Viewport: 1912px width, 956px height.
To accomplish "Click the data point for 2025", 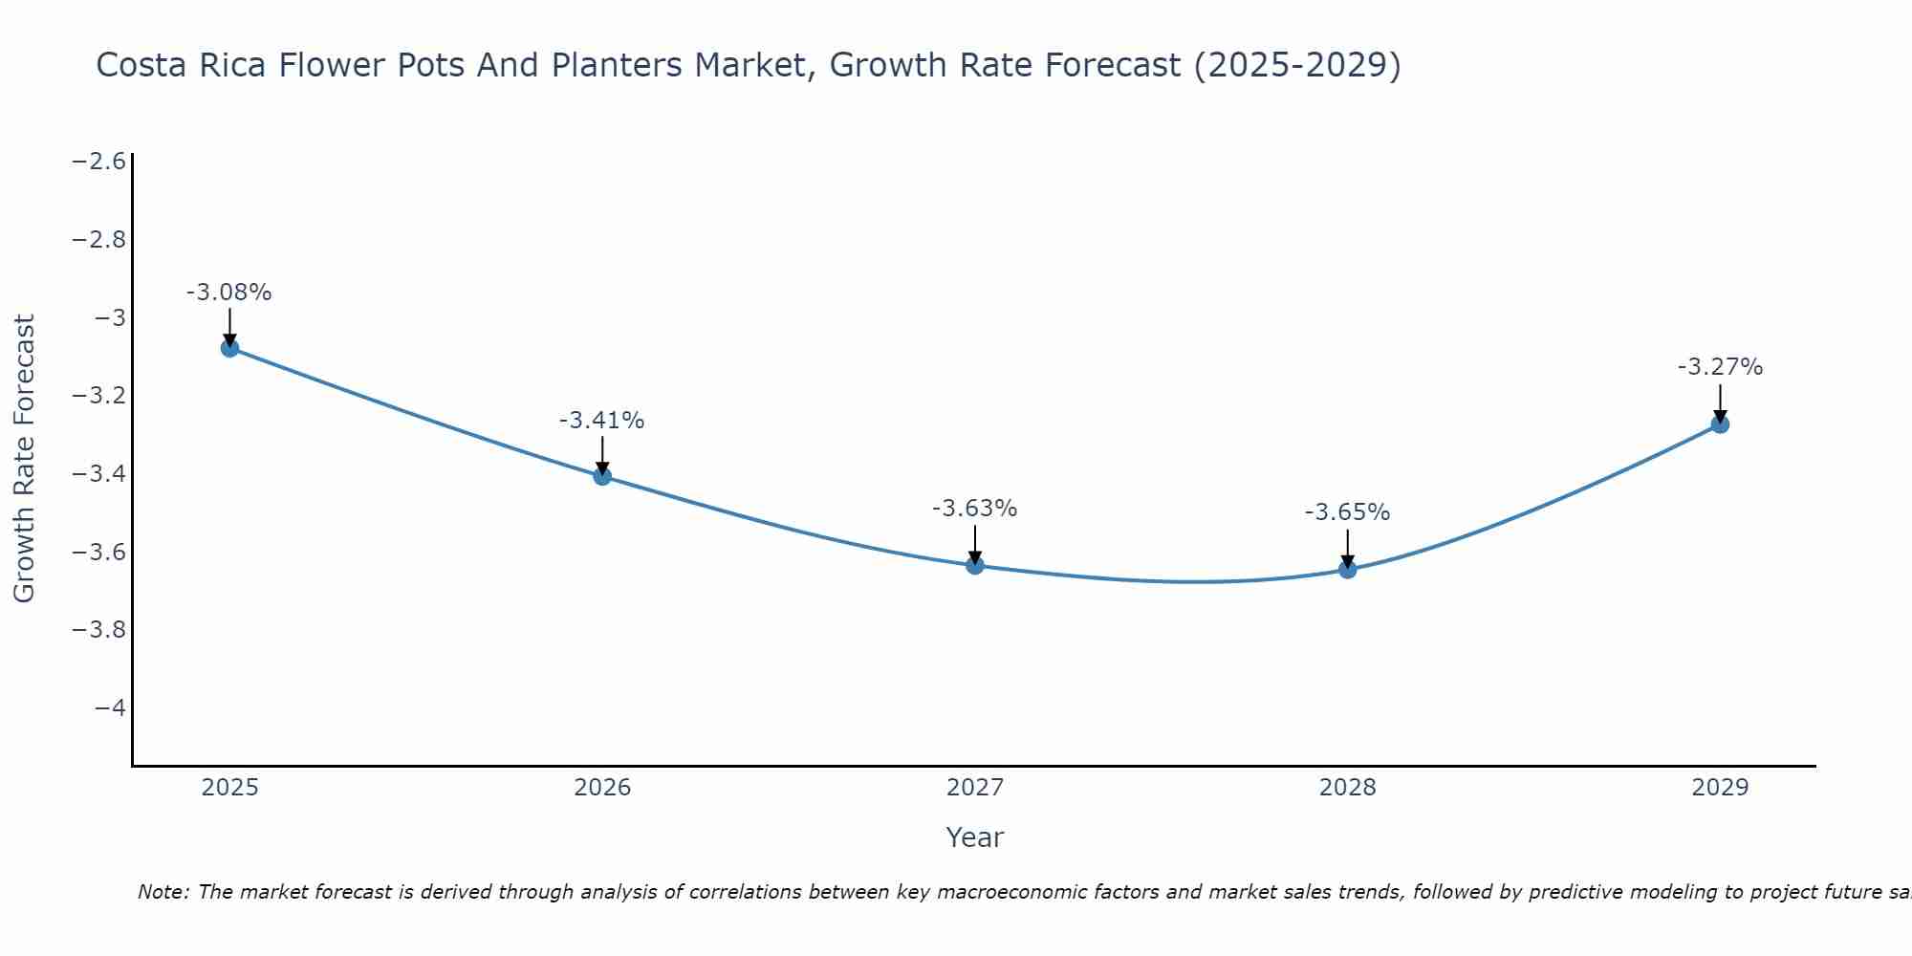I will tap(229, 348).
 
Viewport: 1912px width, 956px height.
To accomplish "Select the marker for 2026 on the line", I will tap(602, 476).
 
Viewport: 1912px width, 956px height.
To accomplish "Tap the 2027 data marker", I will tap(975, 565).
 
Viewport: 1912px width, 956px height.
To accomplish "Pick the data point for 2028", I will tap(1348, 570).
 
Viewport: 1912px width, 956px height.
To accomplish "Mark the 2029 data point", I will tap(1720, 424).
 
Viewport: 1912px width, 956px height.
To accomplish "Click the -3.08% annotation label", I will tap(228, 293).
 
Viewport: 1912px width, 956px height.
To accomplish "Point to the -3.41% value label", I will tap(601, 421).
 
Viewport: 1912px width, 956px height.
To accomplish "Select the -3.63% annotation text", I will tap(974, 509).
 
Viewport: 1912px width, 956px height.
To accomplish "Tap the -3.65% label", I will tap(1347, 512).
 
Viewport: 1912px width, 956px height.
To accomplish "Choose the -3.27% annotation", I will tap(1720, 367).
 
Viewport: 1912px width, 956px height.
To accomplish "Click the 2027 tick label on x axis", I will tap(975, 788).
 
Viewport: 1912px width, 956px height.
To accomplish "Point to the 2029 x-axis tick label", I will tap(1720, 788).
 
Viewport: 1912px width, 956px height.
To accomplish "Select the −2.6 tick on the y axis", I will tap(99, 161).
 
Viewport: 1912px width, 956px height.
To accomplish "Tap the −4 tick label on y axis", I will tap(110, 707).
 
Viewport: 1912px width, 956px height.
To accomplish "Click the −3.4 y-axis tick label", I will tap(99, 473).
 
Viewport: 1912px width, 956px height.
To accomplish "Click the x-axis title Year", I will tap(974, 837).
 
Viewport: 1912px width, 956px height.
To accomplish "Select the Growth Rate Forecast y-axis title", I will tap(24, 459).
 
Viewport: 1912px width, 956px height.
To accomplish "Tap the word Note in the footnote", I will tap(163, 892).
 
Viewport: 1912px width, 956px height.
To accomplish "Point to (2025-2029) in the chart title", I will tap(1297, 65).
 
